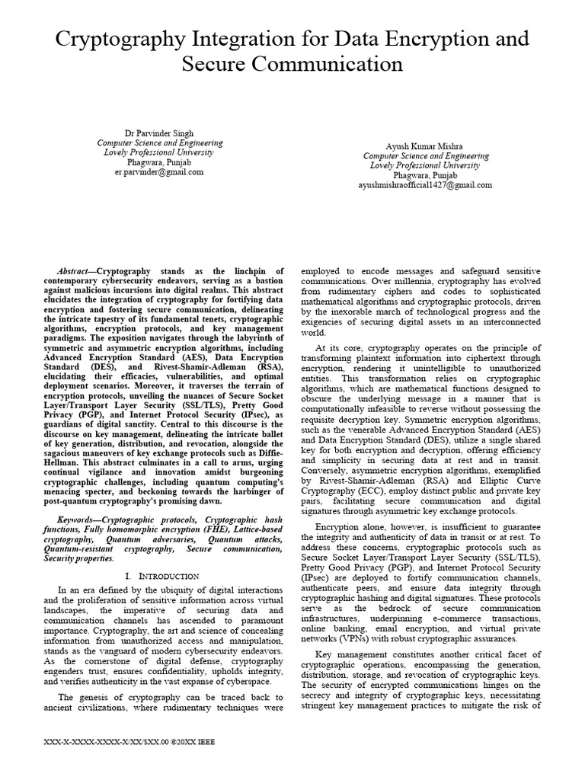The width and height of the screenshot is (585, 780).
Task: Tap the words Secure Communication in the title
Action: click(x=292, y=63)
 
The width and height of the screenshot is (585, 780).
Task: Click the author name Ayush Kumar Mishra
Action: click(x=425, y=145)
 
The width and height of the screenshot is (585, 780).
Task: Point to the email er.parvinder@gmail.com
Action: click(x=159, y=172)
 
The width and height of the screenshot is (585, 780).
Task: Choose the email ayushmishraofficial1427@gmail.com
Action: click(x=425, y=185)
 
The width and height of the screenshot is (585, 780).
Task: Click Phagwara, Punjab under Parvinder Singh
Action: click(x=159, y=162)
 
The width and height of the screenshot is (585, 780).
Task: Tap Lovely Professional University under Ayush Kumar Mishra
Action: click(x=425, y=165)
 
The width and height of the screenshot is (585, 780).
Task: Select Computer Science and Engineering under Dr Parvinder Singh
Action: click(x=159, y=142)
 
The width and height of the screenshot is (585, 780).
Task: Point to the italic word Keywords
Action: click(x=75, y=519)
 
